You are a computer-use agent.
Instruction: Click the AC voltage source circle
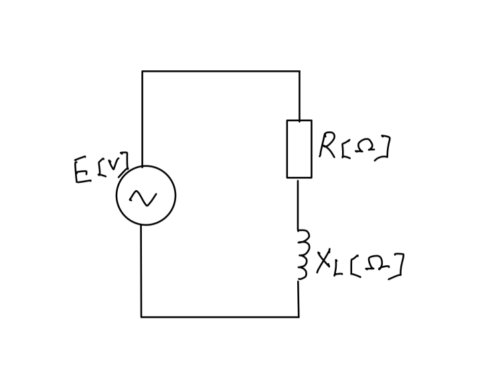pos(146,196)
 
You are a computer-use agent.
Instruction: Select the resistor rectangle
pos(299,149)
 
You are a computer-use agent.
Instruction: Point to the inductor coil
pos(303,254)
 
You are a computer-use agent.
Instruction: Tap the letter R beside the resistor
pos(328,145)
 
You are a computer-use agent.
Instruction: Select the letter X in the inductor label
pos(324,263)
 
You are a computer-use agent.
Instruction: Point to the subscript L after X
pos(340,268)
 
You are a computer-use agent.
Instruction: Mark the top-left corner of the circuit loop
pos(142,71)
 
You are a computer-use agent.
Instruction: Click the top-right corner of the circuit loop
pos(299,71)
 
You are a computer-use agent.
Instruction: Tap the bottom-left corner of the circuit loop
pos(141,317)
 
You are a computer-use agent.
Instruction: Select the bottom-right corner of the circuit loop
pos(299,317)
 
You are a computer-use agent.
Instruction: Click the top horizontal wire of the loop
pos(221,71)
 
